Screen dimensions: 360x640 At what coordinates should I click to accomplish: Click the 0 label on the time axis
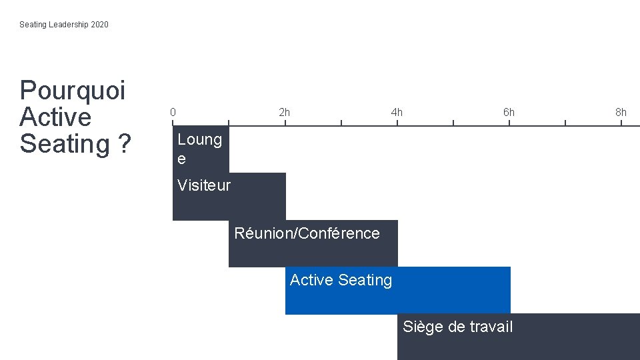click(173, 112)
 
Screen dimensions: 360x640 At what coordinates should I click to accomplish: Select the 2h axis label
click(285, 112)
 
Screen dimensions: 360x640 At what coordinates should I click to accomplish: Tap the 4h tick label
click(397, 112)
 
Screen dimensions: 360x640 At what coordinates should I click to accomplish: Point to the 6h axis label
click(509, 112)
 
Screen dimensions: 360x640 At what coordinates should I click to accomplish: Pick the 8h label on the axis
click(621, 112)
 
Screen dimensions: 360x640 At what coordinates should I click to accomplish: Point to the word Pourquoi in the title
click(73, 90)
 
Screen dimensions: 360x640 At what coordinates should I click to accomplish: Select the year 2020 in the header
click(99, 25)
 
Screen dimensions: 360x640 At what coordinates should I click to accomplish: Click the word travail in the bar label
click(491, 327)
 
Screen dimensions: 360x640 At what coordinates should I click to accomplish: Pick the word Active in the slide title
click(55, 117)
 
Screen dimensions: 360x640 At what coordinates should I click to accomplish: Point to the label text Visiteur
click(204, 185)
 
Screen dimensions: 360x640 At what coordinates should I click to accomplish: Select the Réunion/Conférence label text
click(307, 233)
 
